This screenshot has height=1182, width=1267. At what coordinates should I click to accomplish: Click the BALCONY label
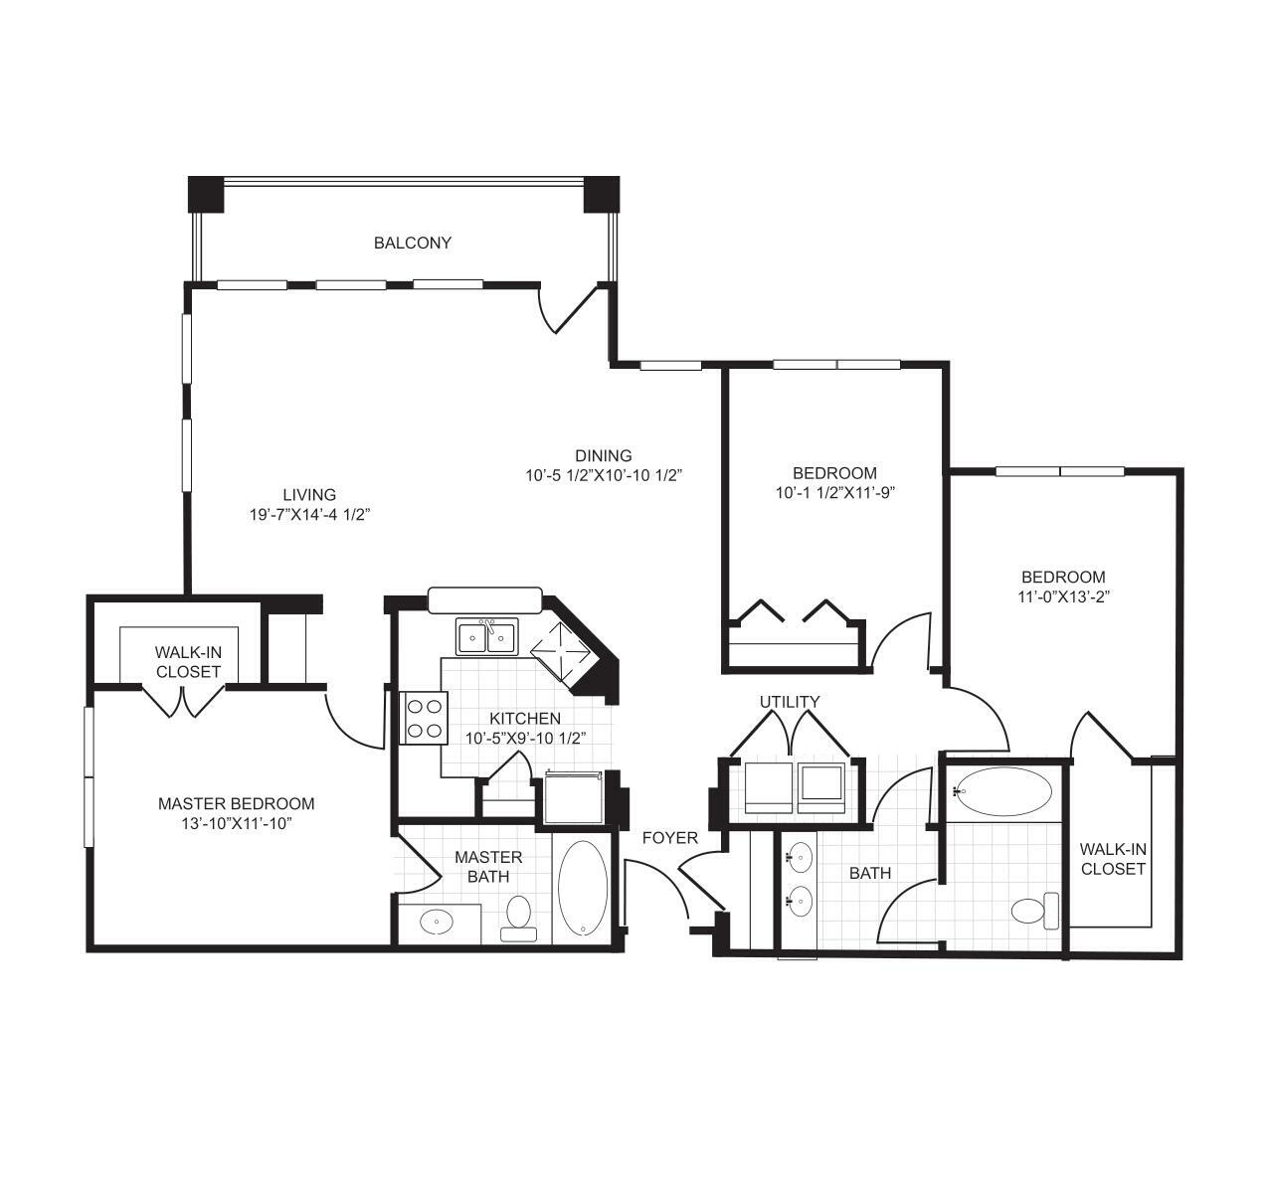[412, 243]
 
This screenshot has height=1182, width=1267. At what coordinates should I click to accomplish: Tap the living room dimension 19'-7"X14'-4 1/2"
[310, 515]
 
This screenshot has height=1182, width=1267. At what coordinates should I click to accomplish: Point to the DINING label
[604, 455]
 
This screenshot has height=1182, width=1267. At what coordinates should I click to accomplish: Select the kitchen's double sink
[486, 636]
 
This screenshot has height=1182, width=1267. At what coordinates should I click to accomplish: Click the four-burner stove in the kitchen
[424, 718]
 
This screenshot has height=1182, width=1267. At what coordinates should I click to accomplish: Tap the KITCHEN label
[525, 719]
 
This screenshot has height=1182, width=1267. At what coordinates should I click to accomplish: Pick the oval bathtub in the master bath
[583, 888]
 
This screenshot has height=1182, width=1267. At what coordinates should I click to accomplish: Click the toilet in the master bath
[517, 919]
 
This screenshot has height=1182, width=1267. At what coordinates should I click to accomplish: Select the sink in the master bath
[437, 922]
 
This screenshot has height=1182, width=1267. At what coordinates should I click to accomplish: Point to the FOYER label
[670, 838]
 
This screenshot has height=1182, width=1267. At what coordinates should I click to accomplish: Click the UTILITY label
[790, 702]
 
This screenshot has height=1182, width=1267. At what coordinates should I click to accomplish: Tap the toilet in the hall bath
[1034, 912]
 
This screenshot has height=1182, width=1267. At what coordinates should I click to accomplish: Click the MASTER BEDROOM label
[236, 803]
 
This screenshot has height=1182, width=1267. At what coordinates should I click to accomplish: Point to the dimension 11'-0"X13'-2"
[1063, 597]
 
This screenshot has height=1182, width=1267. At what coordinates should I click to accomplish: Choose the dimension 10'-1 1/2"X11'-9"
[835, 493]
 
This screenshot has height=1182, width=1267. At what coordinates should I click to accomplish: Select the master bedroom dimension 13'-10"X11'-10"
[237, 823]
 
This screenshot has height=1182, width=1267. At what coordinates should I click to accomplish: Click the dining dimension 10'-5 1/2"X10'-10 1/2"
[604, 475]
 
